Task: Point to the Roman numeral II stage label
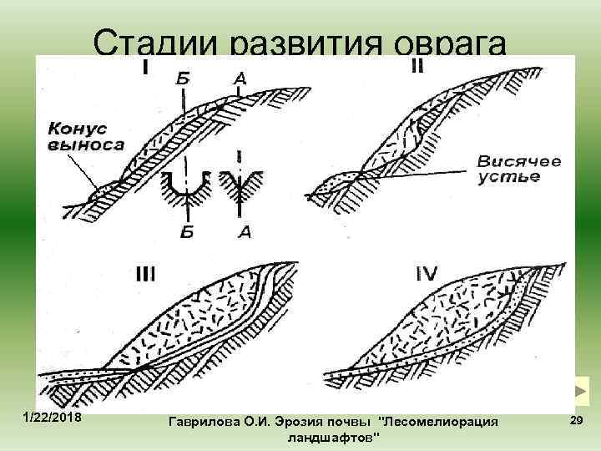[x=417, y=66]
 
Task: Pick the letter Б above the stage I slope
[x=182, y=80]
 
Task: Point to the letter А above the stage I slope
[x=239, y=80]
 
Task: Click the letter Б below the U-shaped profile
[x=187, y=231]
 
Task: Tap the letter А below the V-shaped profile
[x=242, y=231]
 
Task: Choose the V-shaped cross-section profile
[x=241, y=187]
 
